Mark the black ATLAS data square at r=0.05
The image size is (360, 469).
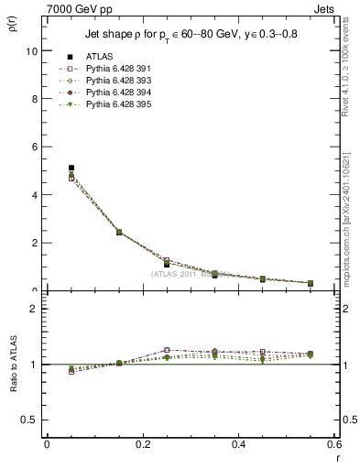pos(71,168)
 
